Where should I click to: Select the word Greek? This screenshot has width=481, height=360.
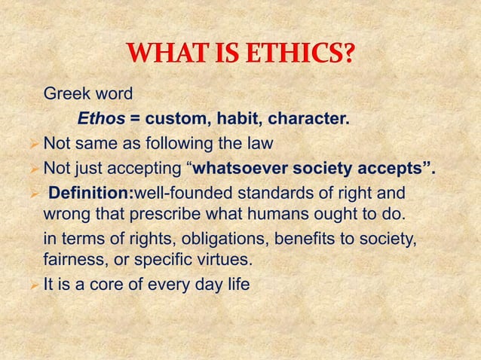(65, 95)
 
